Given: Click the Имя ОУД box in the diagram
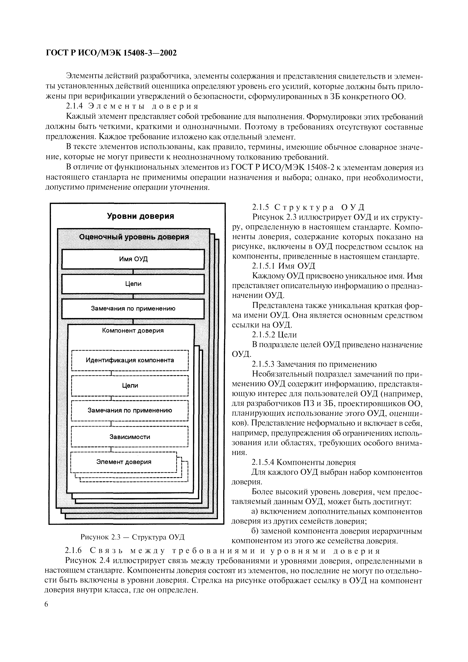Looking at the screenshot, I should click(x=133, y=259).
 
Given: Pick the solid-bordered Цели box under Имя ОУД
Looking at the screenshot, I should click(x=133, y=284).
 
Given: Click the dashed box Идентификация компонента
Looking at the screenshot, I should click(x=130, y=360).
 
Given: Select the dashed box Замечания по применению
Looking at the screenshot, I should click(x=130, y=410).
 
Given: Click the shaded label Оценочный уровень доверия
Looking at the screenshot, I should click(x=134, y=237).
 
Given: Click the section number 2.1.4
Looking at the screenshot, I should click(x=74, y=106).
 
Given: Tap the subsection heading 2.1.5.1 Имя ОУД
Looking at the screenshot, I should click(x=284, y=266).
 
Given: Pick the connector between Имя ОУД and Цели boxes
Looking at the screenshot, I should click(x=133, y=271).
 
